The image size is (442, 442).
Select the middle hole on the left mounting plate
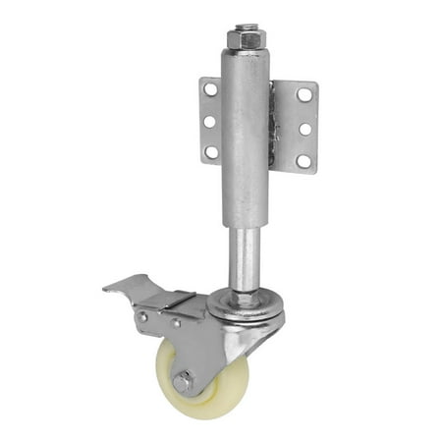pos(209,122)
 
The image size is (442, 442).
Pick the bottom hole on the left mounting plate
pos(211,152)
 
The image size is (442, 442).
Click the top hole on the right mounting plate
pos(304,94)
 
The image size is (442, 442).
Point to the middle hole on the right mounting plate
pos(305,128)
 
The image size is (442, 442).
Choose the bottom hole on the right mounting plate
pos(304,160)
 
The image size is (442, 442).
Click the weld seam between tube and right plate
pos(272,128)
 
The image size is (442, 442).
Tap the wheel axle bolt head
pos(184,382)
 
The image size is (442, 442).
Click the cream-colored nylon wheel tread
pos(206,403)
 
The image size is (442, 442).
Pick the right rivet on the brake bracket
pos(176,322)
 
